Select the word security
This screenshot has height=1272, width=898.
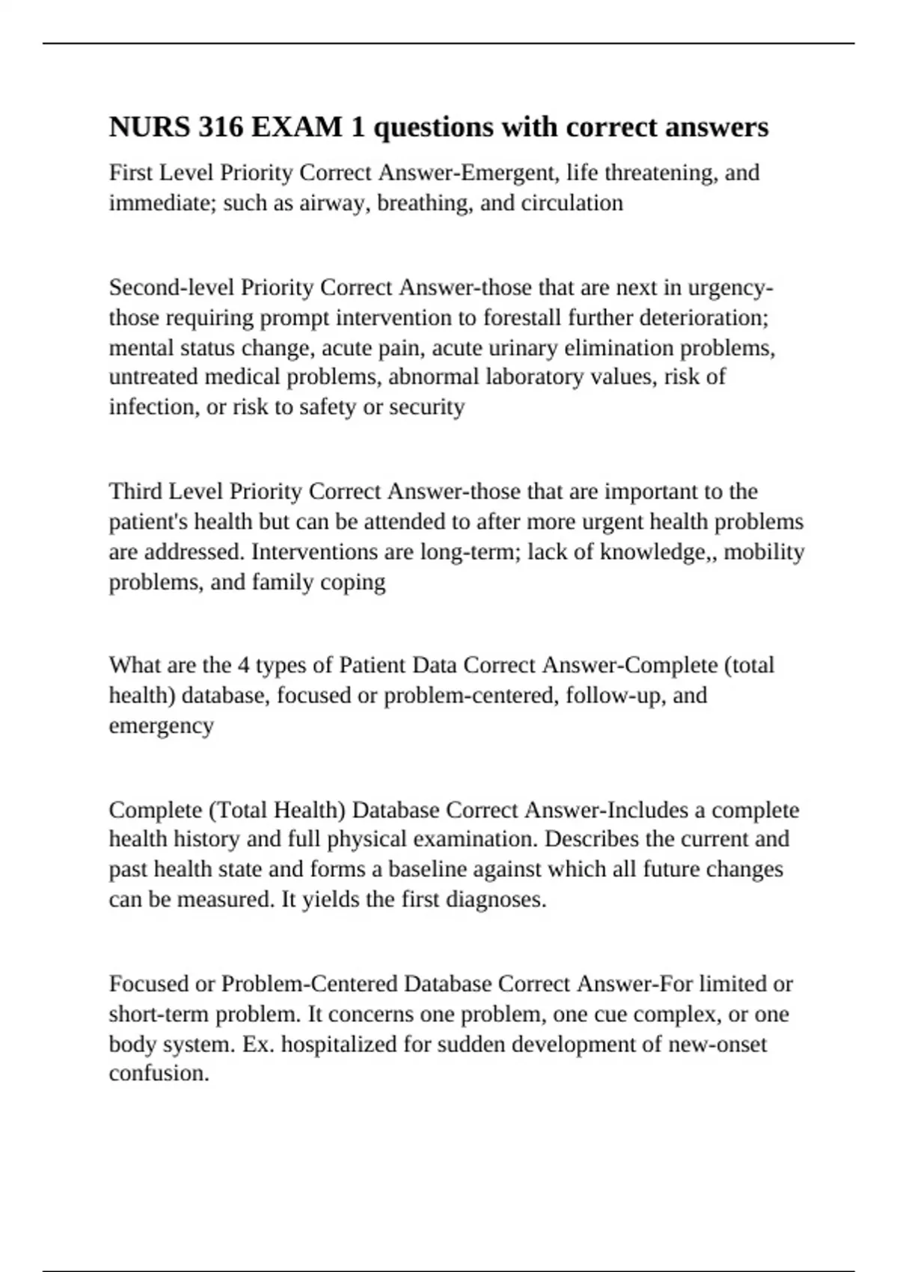point(427,407)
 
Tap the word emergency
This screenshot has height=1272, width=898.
point(162,725)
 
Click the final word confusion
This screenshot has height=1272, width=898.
point(159,1074)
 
